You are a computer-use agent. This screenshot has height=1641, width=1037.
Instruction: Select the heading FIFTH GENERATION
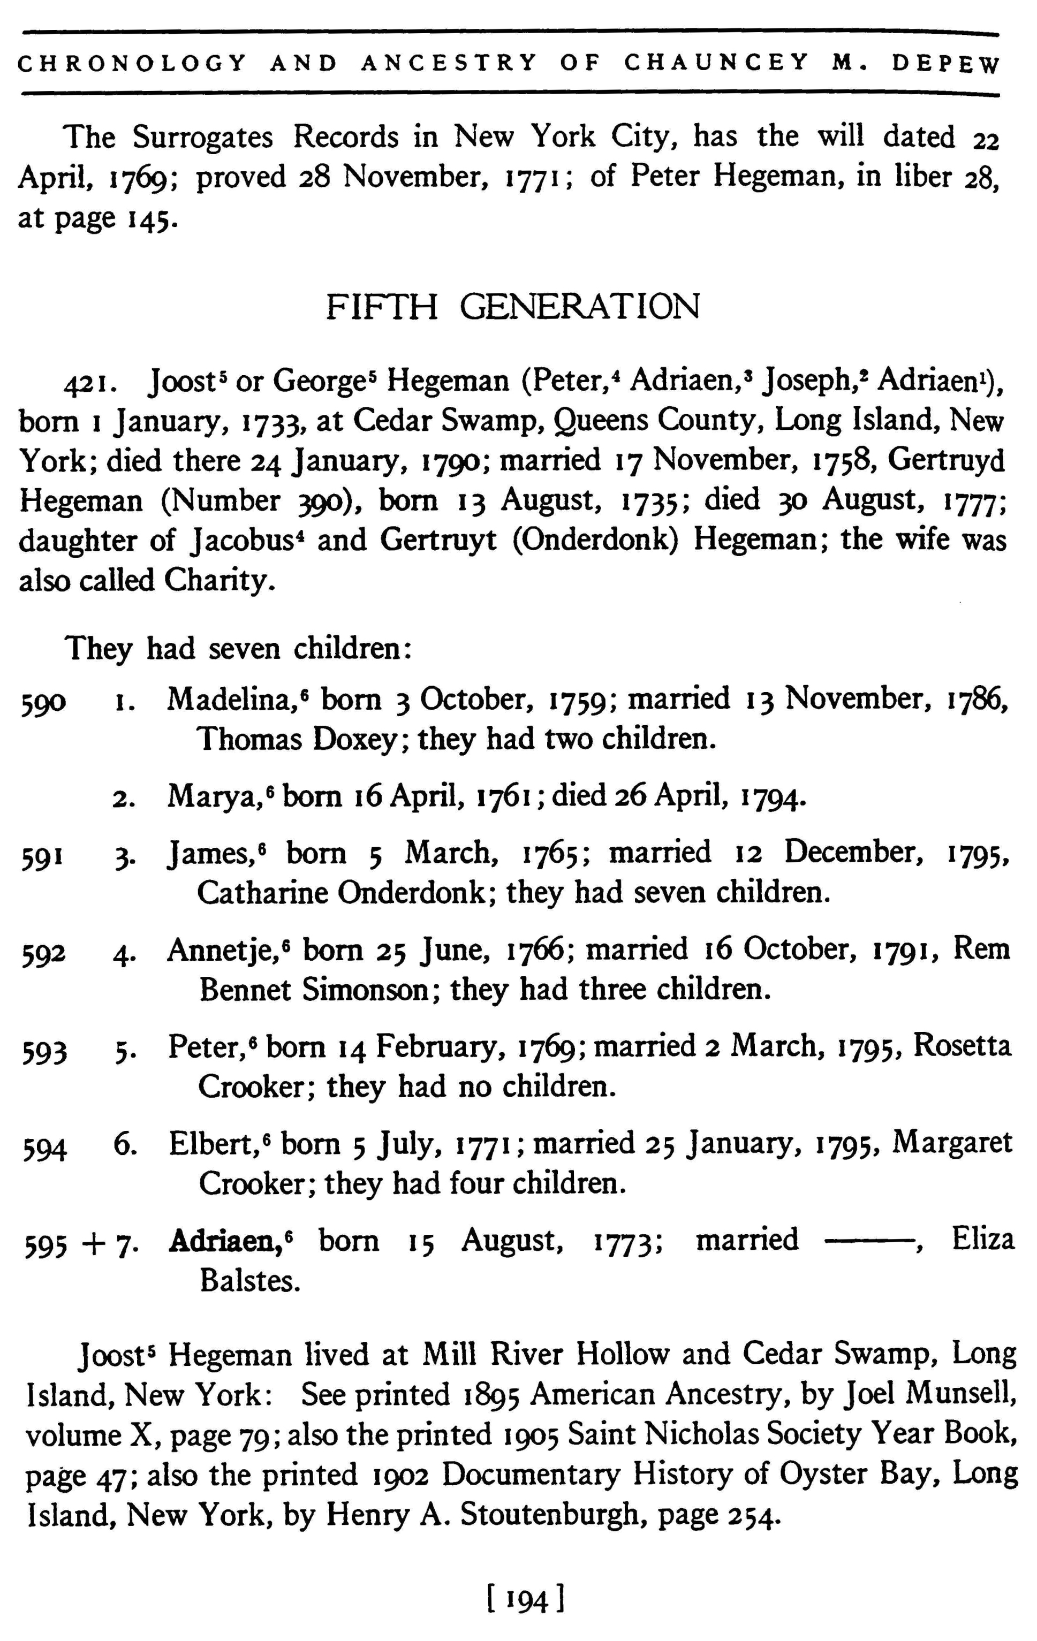[513, 307]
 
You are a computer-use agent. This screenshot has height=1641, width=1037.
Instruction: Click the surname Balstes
[249, 1282]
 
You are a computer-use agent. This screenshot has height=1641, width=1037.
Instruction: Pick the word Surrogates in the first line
[202, 138]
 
